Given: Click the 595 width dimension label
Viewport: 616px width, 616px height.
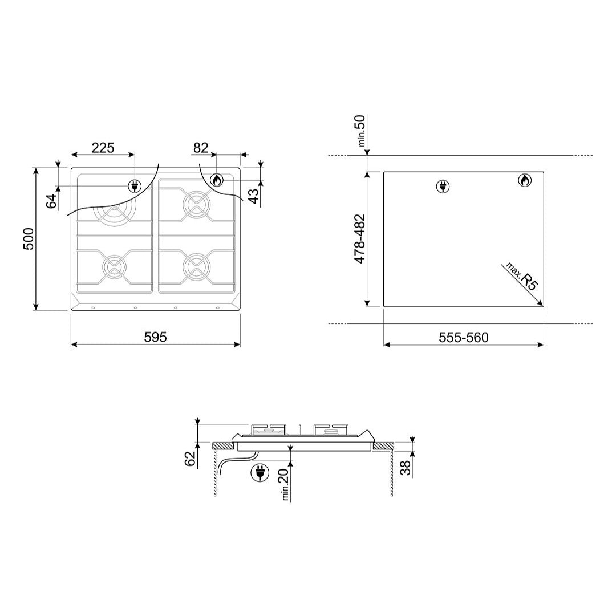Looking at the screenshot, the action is pyautogui.click(x=155, y=337).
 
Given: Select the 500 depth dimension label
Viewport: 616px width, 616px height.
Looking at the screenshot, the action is pyautogui.click(x=29, y=238).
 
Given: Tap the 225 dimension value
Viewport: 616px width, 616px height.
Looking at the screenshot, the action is pyautogui.click(x=103, y=148).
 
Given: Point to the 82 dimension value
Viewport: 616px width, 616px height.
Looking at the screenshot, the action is pyautogui.click(x=201, y=148).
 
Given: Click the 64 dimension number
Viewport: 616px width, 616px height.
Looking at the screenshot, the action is pyautogui.click(x=51, y=201).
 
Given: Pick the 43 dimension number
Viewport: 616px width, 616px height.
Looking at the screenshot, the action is pyautogui.click(x=254, y=196).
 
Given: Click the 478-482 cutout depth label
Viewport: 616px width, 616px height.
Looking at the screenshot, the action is pyautogui.click(x=360, y=239).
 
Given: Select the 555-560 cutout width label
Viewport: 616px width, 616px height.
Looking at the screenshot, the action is pyautogui.click(x=464, y=338).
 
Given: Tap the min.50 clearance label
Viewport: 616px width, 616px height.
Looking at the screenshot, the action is pyautogui.click(x=360, y=131).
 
